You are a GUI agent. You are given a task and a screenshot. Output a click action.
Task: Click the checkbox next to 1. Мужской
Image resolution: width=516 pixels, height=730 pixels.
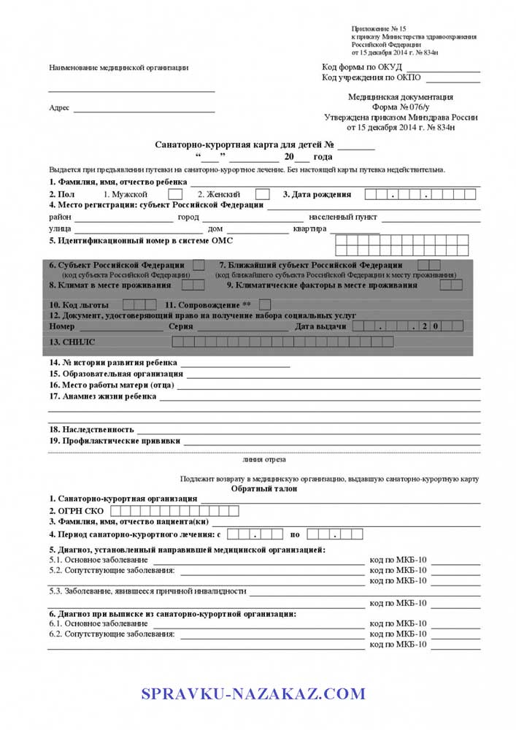(175, 194)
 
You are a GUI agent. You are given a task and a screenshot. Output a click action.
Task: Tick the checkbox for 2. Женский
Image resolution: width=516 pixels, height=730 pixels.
(263, 194)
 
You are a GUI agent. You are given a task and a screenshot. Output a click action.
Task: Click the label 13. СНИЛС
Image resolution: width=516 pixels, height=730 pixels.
(72, 342)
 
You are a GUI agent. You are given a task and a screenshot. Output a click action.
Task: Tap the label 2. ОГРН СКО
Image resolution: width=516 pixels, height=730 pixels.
(76, 511)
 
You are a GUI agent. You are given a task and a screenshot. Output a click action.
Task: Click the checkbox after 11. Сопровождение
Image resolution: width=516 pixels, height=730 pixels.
(265, 304)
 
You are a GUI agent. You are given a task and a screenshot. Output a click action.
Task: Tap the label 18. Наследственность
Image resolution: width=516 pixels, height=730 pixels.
(92, 430)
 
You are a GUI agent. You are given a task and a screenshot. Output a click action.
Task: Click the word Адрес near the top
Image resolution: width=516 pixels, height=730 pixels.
(59, 108)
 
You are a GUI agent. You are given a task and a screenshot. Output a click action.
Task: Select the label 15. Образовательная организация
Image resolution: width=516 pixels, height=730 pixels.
(116, 374)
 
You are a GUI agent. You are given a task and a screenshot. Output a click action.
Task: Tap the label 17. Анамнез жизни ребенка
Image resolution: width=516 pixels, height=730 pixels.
(103, 396)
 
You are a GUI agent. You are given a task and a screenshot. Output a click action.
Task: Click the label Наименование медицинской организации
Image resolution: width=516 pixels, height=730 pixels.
(118, 68)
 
